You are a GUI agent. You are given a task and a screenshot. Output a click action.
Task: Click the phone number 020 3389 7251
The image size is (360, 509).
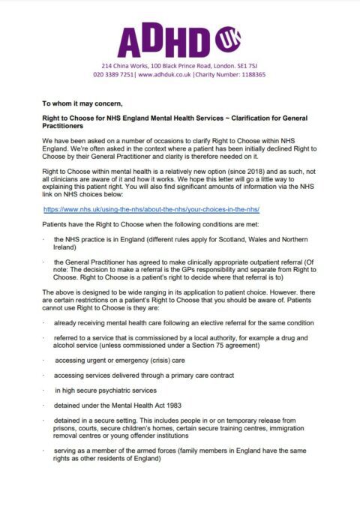114,75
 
